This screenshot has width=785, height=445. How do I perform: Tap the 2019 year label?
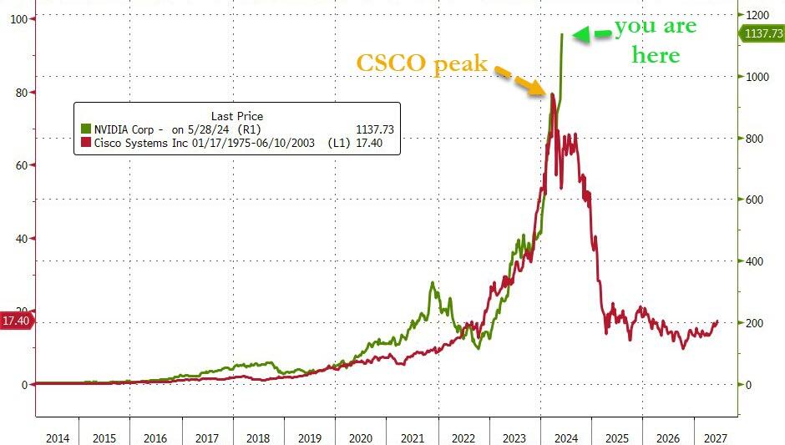tap(310, 437)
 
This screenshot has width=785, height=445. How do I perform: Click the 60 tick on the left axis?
tap(17, 165)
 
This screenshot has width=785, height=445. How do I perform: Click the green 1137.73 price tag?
tap(761, 33)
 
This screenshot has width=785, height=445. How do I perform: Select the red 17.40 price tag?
tap(17, 321)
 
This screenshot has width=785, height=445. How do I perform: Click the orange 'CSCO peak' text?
tap(422, 63)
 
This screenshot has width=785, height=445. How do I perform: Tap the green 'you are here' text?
tap(656, 41)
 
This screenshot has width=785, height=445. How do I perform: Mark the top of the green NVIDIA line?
tap(562, 34)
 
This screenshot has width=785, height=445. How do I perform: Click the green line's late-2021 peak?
tap(433, 283)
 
